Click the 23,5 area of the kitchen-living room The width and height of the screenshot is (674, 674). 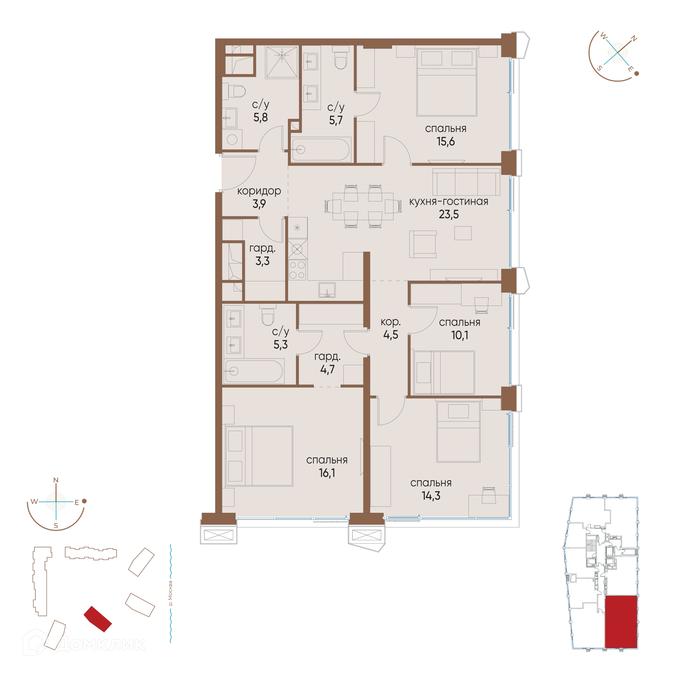(449, 214)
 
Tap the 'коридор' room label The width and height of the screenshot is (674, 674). (259, 191)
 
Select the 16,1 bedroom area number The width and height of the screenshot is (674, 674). (327, 473)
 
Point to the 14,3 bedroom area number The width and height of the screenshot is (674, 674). (431, 496)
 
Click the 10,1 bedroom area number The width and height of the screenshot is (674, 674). (460, 335)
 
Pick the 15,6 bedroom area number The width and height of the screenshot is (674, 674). (445, 141)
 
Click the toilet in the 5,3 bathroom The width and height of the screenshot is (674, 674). (268, 315)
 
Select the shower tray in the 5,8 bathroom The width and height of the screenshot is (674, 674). (282, 62)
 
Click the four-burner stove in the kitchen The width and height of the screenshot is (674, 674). (297, 270)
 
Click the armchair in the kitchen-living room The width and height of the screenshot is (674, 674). (423, 244)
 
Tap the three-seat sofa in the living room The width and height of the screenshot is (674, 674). (466, 182)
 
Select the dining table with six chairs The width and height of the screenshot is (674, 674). (363, 206)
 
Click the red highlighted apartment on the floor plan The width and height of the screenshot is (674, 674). (621, 621)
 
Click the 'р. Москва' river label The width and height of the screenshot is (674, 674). (171, 593)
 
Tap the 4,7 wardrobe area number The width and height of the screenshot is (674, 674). (327, 369)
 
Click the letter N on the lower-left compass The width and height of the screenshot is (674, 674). (56, 480)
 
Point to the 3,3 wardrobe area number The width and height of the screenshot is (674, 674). (262, 261)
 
